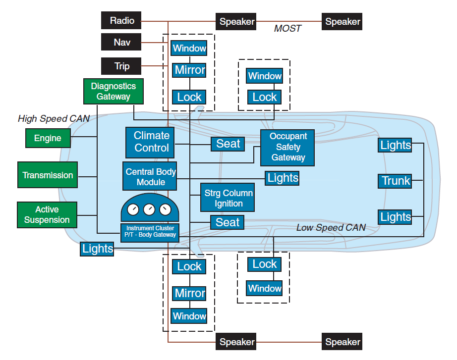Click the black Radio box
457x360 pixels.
tap(121, 21)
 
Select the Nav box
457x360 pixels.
tap(121, 42)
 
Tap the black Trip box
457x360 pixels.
tap(121, 66)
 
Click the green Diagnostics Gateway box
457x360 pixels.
tap(113, 92)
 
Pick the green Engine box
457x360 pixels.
tap(48, 138)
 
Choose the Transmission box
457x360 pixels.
tap(48, 175)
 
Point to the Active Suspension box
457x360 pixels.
tap(47, 215)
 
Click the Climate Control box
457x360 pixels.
tap(152, 142)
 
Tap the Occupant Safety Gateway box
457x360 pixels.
tap(288, 147)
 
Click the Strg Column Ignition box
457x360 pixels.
tap(228, 198)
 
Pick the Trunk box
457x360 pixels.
tap(396, 181)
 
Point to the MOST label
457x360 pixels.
tap(287, 29)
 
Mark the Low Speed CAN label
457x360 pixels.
tap(331, 228)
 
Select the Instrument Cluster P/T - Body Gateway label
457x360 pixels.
tap(150, 231)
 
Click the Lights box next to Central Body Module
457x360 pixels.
tap(283, 178)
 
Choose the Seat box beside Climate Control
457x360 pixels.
tap(228, 144)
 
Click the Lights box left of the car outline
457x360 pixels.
tap(97, 249)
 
